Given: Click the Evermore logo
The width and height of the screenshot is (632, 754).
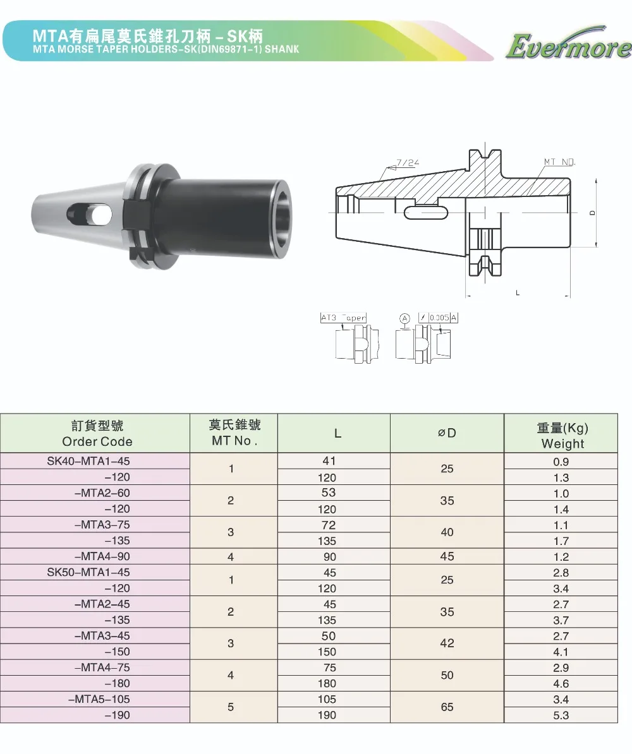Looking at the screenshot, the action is click(x=568, y=45).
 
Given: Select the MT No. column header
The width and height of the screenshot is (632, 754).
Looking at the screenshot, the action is click(x=234, y=433).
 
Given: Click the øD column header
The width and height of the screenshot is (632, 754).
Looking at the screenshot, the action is click(x=447, y=433).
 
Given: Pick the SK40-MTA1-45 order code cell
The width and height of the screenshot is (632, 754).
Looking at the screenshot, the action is click(x=88, y=460).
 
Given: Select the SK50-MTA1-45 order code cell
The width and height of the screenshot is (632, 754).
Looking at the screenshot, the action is click(x=88, y=572).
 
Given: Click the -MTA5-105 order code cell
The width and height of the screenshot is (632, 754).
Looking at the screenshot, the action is click(x=99, y=699).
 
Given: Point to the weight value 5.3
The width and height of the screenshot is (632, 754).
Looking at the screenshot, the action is click(x=561, y=715).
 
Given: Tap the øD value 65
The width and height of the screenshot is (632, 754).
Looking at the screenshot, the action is click(x=447, y=707).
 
